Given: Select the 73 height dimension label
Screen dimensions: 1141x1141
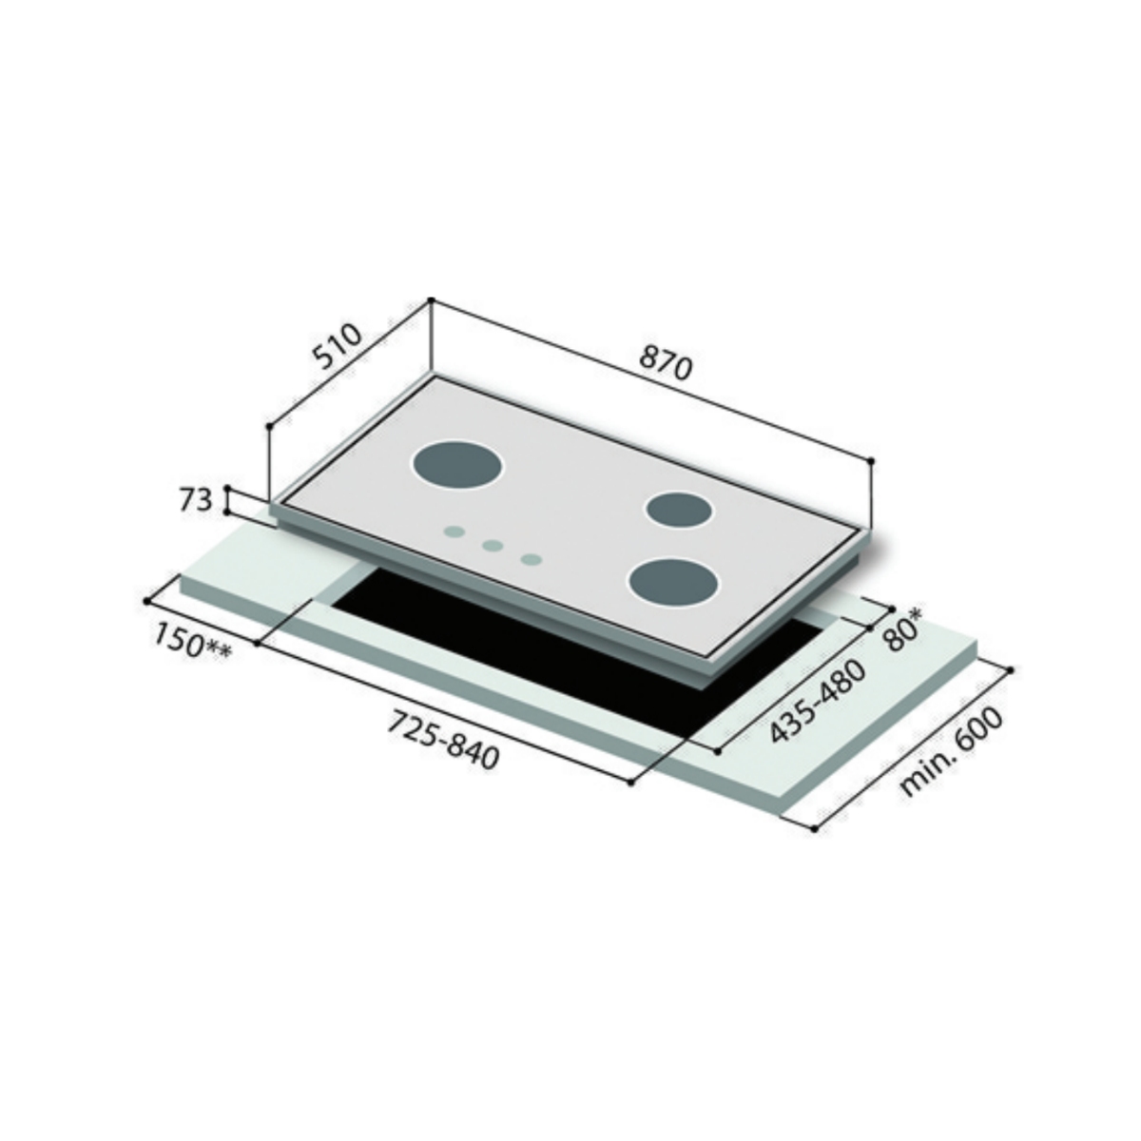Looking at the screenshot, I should coord(195,500).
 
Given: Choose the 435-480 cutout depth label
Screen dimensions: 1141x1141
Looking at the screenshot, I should coord(818,702).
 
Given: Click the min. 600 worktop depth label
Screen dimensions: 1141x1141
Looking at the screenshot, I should coord(952,754).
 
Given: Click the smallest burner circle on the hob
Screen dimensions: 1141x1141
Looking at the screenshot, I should coord(679,510).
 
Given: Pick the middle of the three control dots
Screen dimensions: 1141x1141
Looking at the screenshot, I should coord(493,546).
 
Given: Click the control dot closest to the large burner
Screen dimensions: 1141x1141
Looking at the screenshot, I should coord(454,532).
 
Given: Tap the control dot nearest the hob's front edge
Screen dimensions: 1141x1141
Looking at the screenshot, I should coord(532,559).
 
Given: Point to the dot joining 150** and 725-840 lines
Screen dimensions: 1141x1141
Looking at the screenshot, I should coord(259,644).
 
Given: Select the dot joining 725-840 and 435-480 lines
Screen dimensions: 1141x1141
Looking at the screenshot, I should coord(631,782).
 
